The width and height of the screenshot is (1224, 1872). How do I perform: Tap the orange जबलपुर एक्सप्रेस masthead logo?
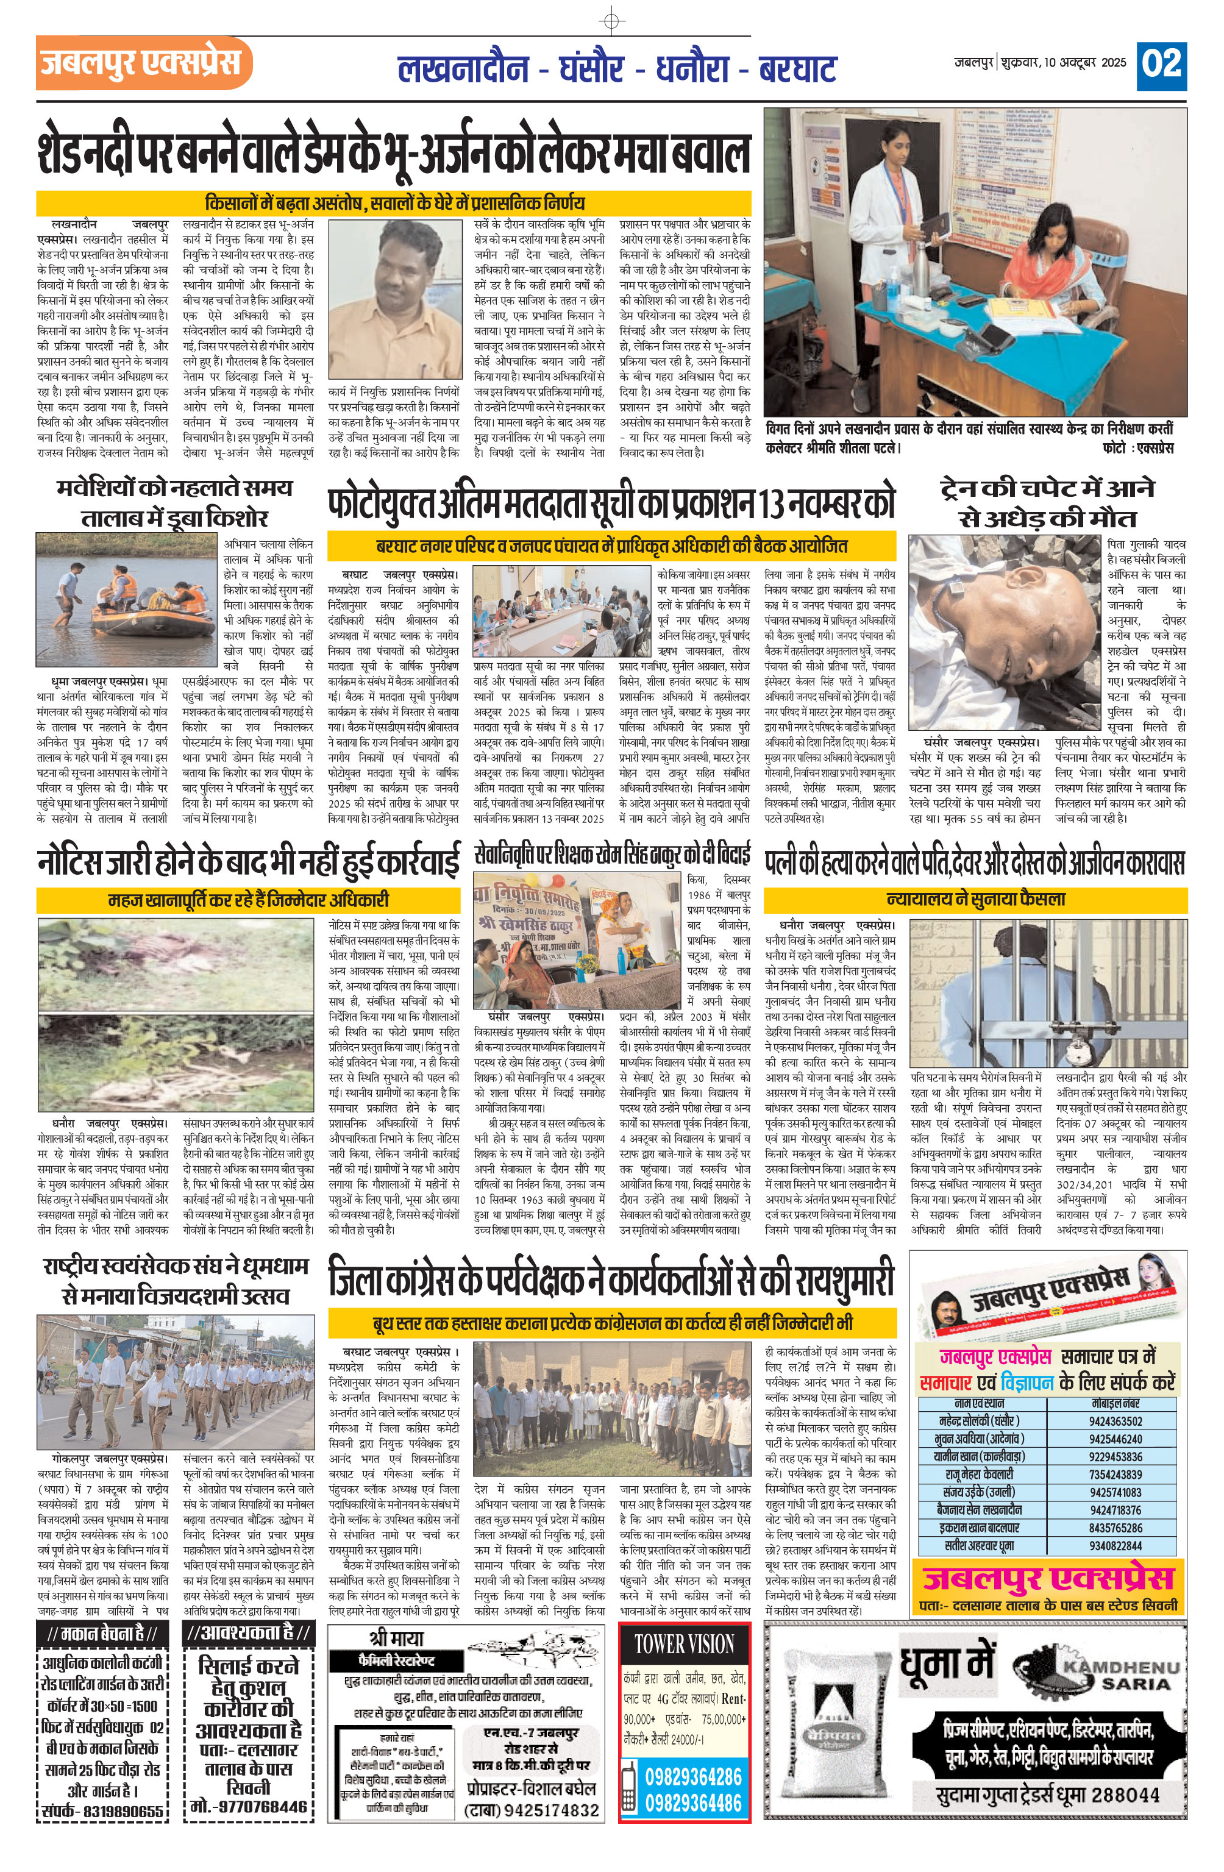tap(143, 63)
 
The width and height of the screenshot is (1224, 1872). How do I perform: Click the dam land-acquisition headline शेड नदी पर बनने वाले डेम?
tap(393, 154)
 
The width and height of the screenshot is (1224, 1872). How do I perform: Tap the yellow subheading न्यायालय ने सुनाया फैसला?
tap(975, 899)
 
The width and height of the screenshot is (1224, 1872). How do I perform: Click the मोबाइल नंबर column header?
tap(1115, 1403)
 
